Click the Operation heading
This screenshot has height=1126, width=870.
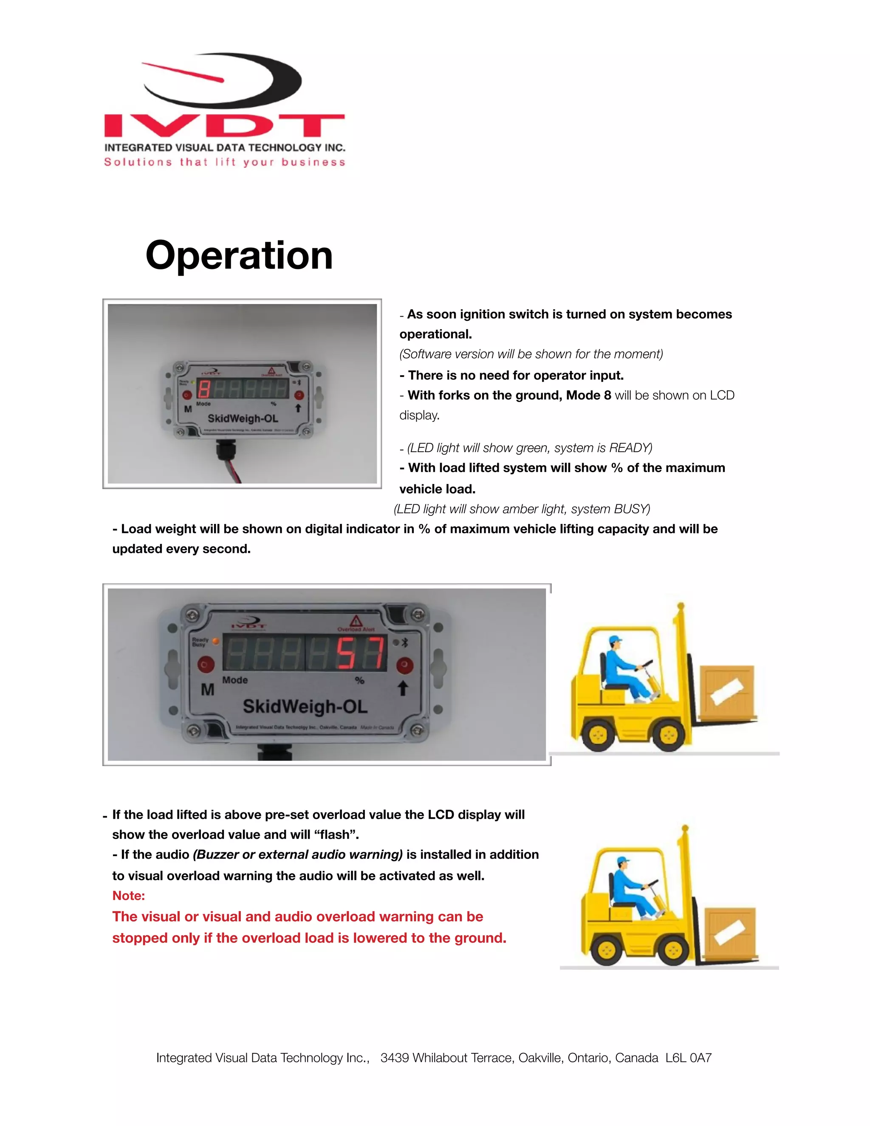(x=239, y=256)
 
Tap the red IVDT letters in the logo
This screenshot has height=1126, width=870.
(x=224, y=126)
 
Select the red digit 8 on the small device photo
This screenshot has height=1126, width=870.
(x=204, y=389)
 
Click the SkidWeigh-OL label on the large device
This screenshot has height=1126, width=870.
(x=305, y=706)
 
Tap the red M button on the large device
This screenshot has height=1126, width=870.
(x=206, y=664)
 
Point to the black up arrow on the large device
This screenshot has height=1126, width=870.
(x=403, y=688)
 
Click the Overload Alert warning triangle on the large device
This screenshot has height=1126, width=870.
(x=356, y=621)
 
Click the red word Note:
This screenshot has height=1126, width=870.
(x=128, y=896)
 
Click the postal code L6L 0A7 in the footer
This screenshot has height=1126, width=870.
(x=688, y=1058)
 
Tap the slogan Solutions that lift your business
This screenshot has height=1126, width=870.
(x=224, y=162)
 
